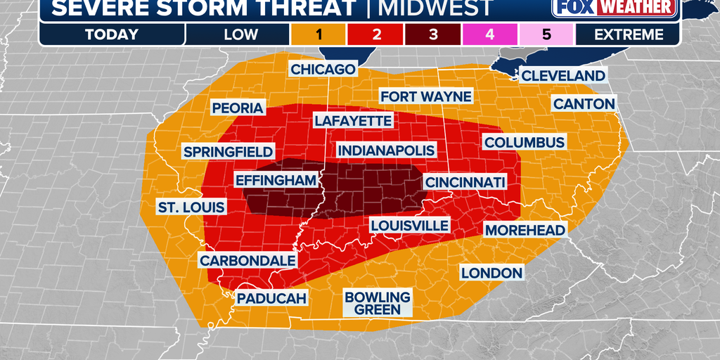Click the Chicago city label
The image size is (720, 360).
tap(323, 69)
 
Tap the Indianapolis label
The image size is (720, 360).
tap(386, 150)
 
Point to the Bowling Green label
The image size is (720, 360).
tap(377, 303)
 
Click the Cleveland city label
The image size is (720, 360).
tap(563, 76)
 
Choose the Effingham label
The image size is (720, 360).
tap(276, 181)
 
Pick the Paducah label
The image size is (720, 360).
tap(271, 298)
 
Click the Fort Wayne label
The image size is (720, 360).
tap(425, 96)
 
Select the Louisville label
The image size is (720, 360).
tap(409, 225)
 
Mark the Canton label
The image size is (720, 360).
tap(584, 104)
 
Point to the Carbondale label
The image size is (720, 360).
tap(247, 260)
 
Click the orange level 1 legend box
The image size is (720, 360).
tap(317, 34)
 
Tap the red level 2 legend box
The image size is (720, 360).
tap(375, 34)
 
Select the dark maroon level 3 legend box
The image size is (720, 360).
tap(432, 34)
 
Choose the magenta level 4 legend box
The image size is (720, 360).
tap(489, 34)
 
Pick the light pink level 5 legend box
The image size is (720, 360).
tap(546, 34)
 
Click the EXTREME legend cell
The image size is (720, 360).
tap(628, 34)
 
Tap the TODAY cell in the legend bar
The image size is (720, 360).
tap(112, 34)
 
